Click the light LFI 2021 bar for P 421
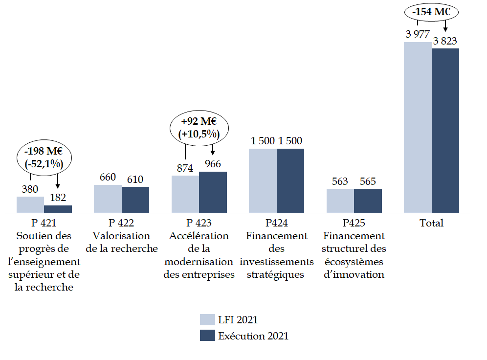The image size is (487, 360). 30,204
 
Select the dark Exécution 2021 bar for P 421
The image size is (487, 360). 58,209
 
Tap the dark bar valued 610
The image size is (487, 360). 135,200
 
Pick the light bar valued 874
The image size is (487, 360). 185,194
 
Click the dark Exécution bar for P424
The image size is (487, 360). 290,180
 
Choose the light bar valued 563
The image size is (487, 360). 340,201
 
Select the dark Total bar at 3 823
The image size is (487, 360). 445,130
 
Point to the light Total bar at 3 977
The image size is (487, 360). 418,127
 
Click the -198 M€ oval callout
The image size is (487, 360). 44,158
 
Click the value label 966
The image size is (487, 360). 213,164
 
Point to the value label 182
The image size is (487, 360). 58,198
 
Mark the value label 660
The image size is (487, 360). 108,178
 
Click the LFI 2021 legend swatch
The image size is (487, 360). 207,320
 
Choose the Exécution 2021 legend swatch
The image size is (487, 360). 207,336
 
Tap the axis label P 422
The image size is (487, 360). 122,223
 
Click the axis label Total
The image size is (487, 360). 431,223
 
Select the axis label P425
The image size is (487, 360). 354,223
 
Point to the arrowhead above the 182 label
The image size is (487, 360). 58,186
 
